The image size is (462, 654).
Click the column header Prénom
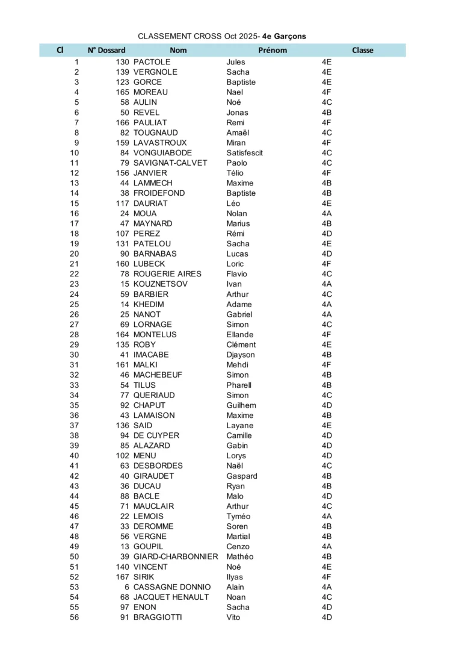pyautogui.click(x=273, y=51)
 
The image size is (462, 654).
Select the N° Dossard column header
pyautogui.click(x=106, y=51)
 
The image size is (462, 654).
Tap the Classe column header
pyautogui.click(x=362, y=51)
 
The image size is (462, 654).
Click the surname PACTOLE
pyautogui.click(x=152, y=62)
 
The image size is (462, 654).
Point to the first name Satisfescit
pyautogui.click(x=244, y=153)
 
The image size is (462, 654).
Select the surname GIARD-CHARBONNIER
pyautogui.click(x=175, y=557)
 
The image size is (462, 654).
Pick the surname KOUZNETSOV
pyautogui.click(x=160, y=284)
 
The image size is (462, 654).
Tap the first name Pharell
pyautogui.click(x=239, y=385)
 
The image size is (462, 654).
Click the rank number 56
pyautogui.click(x=74, y=617)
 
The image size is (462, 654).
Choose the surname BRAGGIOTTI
pyautogui.click(x=157, y=617)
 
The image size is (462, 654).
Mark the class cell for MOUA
pyautogui.click(x=327, y=214)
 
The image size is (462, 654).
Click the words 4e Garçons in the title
pyautogui.click(x=284, y=36)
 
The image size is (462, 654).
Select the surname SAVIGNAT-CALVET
pyautogui.click(x=170, y=163)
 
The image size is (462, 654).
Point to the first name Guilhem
pyautogui.click(x=241, y=405)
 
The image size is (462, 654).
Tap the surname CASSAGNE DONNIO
pyautogui.click(x=171, y=587)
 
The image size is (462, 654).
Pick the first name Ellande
pyautogui.click(x=239, y=335)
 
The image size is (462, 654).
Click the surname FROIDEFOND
pyautogui.click(x=159, y=193)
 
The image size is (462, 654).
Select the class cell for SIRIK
pyautogui.click(x=327, y=577)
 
